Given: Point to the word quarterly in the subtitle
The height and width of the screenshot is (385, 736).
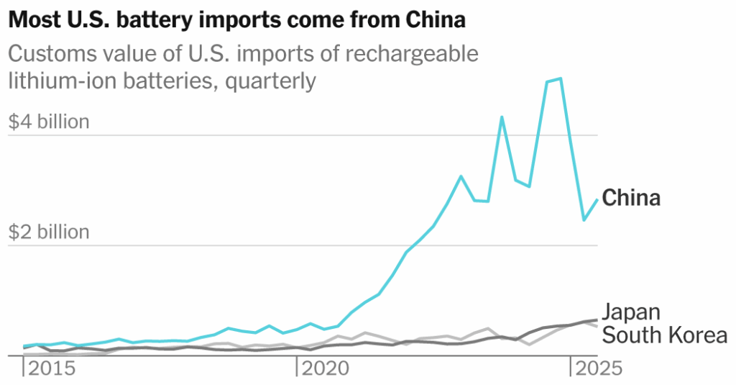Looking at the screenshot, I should coord(271,81).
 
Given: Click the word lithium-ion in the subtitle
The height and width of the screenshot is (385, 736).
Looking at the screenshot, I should coord(57,81).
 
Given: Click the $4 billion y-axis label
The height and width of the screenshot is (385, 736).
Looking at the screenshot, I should coord(49,122).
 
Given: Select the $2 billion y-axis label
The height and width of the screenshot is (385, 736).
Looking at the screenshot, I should coord(49,232).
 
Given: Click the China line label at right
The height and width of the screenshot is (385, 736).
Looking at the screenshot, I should coord(630,197).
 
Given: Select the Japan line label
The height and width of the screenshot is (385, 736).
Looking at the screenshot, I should coord(630,312).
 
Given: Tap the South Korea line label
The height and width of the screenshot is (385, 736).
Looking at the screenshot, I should coord(663,335).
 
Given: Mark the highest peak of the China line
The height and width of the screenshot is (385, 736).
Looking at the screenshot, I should coord(560,78).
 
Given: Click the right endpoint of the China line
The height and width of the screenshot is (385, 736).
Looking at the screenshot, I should coord(597,199).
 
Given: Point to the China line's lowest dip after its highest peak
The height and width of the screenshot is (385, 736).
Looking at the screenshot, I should coord(584,220).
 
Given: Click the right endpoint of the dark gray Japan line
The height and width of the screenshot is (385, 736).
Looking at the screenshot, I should coord(597,320).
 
